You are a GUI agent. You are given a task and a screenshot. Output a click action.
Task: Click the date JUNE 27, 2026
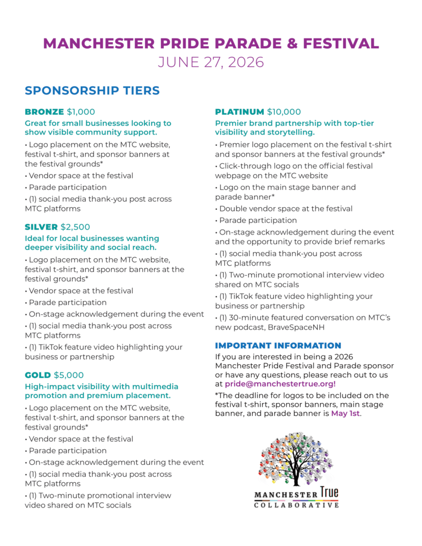[x=211, y=62]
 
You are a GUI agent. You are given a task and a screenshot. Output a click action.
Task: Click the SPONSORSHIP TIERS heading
[x=92, y=91]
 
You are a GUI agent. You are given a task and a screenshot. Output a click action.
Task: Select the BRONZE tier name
[x=45, y=112]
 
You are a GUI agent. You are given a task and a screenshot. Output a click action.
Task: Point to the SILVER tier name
[x=41, y=227]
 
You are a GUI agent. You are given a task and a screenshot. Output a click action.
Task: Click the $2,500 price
[x=75, y=227]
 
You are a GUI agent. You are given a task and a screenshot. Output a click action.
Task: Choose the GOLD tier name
[x=38, y=375]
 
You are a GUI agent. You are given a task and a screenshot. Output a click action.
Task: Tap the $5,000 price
[x=69, y=375]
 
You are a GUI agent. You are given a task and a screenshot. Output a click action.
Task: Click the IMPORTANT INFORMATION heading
[x=278, y=346]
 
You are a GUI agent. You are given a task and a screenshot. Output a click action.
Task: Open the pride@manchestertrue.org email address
[x=280, y=384]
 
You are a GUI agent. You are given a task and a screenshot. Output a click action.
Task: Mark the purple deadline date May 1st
[x=345, y=414]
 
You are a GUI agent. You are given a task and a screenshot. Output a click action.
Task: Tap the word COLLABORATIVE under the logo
[x=296, y=505]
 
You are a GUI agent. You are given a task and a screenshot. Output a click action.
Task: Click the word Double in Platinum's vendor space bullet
[x=232, y=209]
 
